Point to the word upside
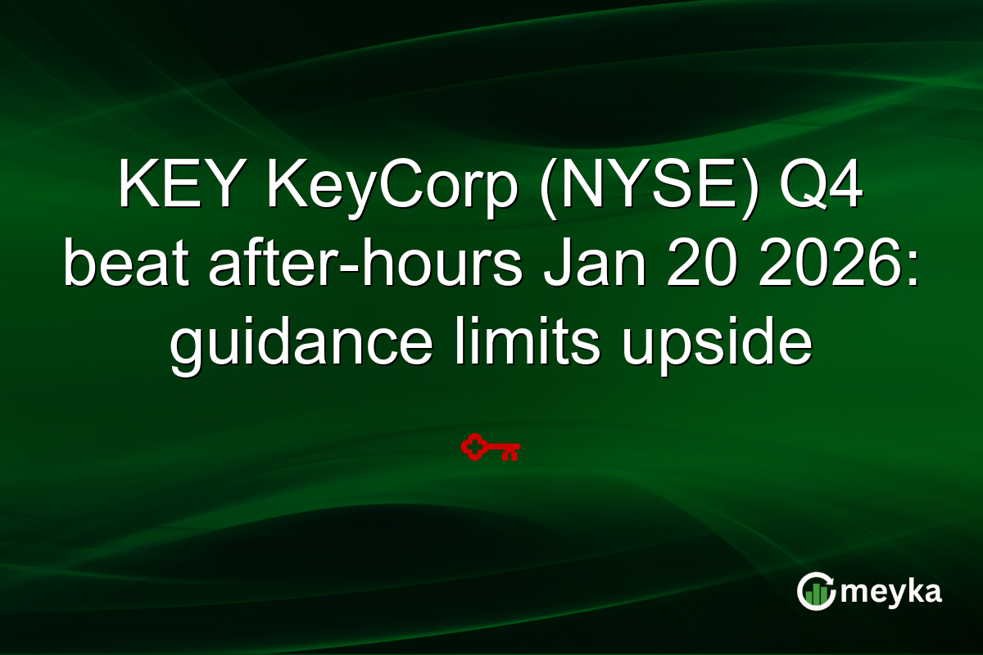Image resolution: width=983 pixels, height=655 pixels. click(x=716, y=345)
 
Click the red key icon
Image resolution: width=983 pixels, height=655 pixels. click(x=491, y=449)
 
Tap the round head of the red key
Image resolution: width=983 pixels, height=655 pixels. click(x=473, y=448)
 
